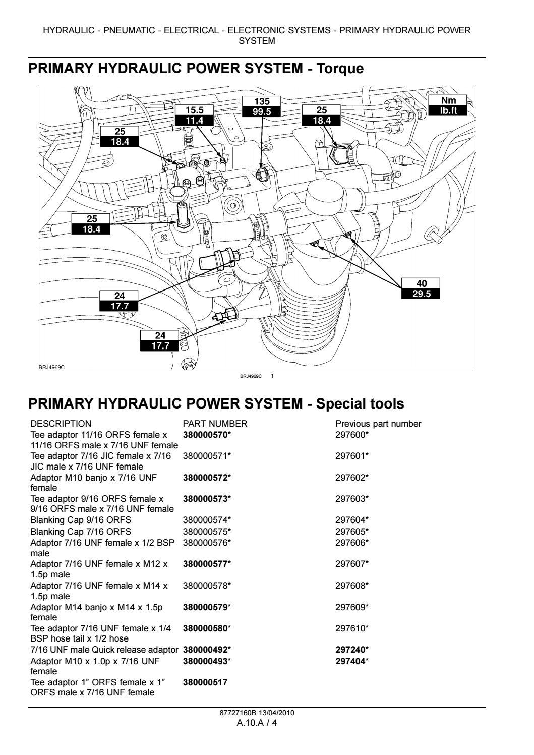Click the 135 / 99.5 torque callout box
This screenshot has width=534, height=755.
click(262, 106)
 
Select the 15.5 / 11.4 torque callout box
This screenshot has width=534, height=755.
click(194, 115)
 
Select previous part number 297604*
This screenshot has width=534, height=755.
click(352, 520)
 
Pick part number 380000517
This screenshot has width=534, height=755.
click(205, 682)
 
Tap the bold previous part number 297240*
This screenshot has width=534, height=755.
click(352, 650)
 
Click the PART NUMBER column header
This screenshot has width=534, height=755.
click(215, 424)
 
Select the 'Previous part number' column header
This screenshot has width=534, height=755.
click(378, 424)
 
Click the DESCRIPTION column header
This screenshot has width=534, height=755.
click(61, 424)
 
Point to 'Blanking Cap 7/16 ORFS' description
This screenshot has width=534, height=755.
click(81, 532)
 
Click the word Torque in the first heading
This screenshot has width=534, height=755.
click(339, 68)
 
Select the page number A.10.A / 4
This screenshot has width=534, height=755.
click(257, 723)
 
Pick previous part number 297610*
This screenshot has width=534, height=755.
click(352, 628)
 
